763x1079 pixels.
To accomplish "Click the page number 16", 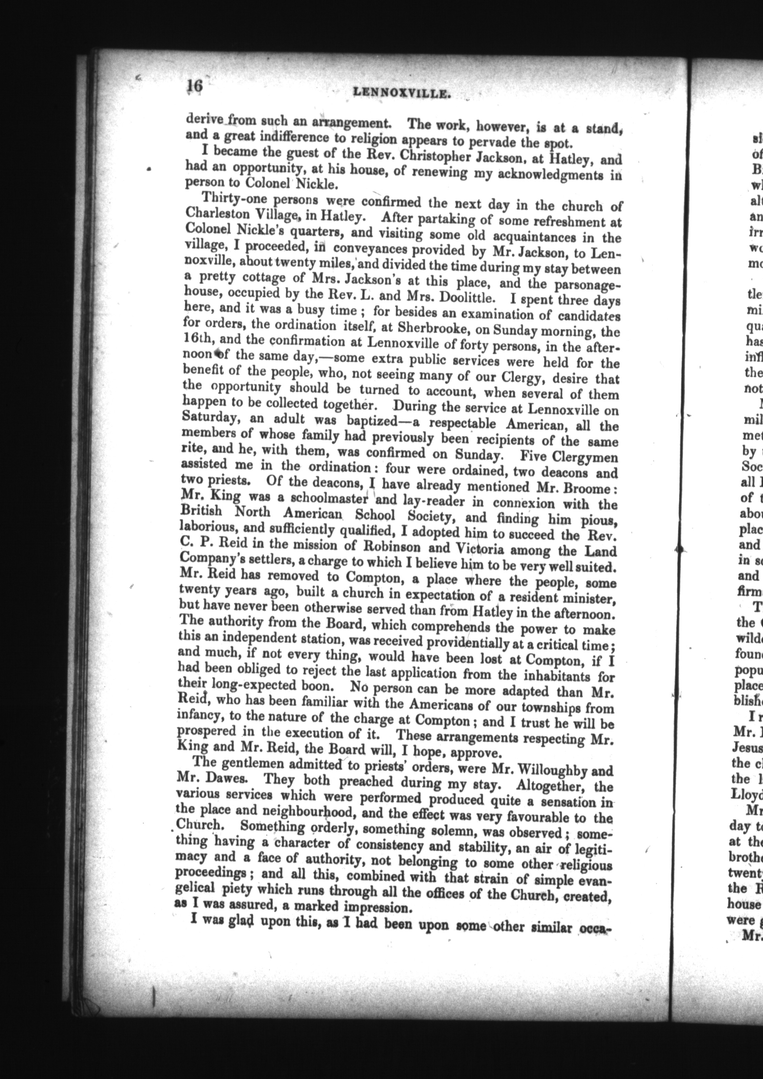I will (x=194, y=87).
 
